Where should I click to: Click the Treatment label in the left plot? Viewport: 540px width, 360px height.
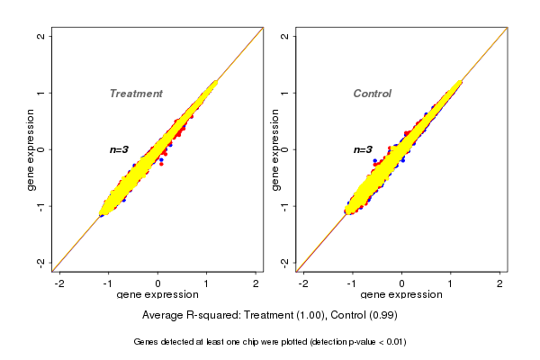click(x=136, y=94)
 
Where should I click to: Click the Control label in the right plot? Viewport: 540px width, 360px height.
click(x=373, y=94)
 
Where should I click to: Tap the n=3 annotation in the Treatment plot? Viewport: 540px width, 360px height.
click(x=120, y=149)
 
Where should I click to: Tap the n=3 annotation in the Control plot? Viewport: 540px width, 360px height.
click(x=363, y=149)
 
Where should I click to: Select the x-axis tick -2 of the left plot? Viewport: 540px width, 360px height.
click(x=59, y=283)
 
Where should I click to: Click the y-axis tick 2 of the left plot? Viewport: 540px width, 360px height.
click(x=41, y=36)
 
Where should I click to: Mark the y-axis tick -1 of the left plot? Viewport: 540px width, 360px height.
click(x=41, y=206)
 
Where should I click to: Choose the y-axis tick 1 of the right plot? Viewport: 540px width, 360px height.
click(x=284, y=93)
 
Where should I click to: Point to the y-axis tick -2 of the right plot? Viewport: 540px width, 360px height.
click(x=284, y=262)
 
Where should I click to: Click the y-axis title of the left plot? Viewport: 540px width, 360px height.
click(x=31, y=149)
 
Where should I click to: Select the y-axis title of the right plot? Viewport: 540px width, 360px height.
click(x=274, y=149)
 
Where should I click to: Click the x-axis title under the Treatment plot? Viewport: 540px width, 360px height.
click(x=157, y=295)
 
